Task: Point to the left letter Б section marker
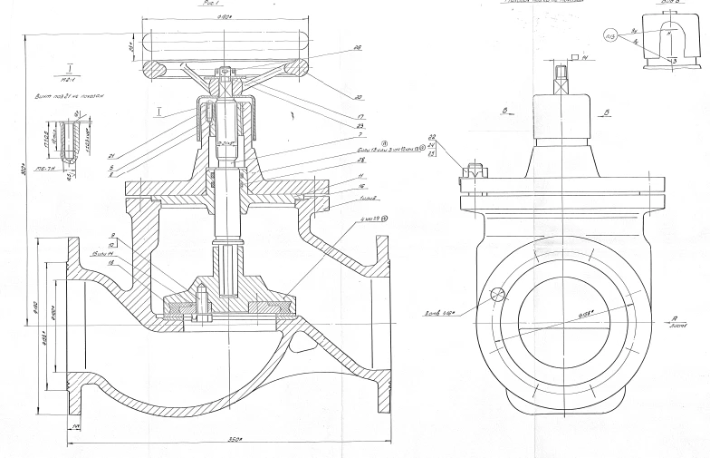pyautogui.click(x=497, y=116)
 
